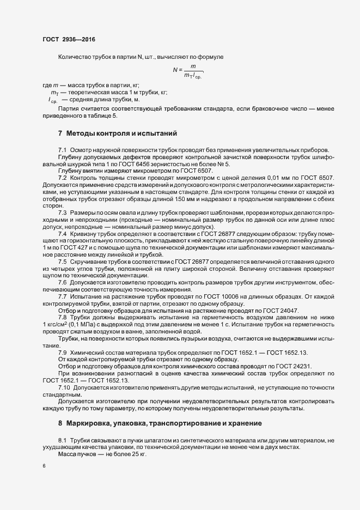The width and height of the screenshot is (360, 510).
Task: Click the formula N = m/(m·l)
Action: (188, 70)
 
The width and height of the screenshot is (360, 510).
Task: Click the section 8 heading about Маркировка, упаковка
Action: (163, 423)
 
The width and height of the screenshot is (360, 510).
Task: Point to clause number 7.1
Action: (62, 149)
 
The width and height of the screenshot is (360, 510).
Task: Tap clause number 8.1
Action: (62, 439)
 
